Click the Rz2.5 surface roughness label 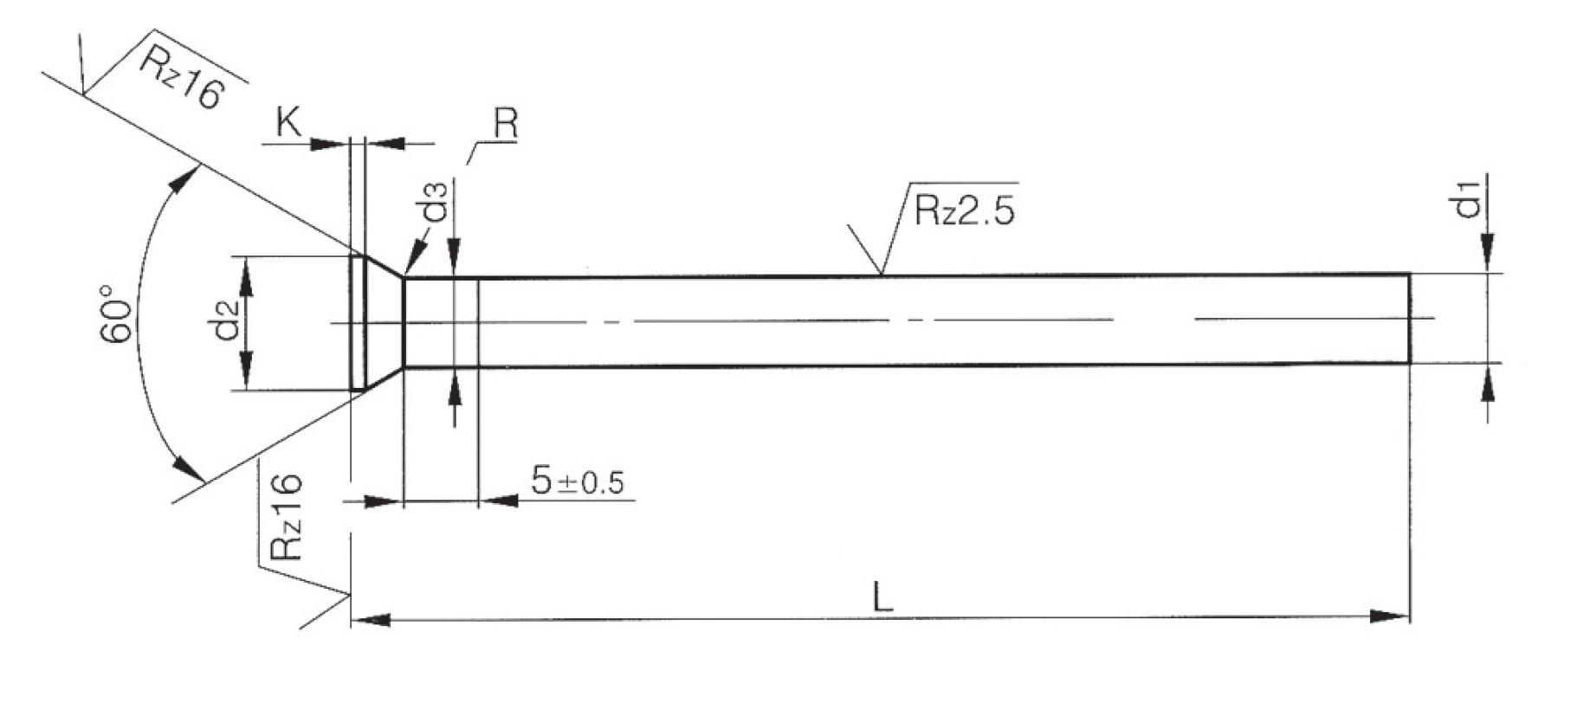coord(963,210)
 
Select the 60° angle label coord(118,312)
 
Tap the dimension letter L coord(882,597)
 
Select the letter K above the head coord(288,123)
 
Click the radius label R coord(505,125)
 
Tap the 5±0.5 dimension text coord(578,481)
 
